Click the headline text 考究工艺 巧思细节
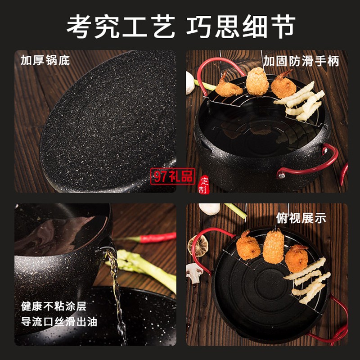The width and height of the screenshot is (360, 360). tap(181, 26)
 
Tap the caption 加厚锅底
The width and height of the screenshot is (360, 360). tap(45, 60)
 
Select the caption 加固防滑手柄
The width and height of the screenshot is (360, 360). tap(301, 61)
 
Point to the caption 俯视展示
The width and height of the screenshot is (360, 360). tap(301, 218)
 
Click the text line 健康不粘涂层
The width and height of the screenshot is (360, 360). tap(54, 306)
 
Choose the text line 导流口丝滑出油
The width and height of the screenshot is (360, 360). tap(59, 321)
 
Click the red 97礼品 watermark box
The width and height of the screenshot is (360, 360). tap(173, 176)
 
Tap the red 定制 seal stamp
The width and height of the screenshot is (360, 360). tap(204, 185)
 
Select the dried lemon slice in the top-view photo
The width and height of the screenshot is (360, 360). tap(198, 246)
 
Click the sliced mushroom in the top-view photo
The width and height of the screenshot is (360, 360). tap(194, 273)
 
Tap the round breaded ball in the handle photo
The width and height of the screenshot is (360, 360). tap(257, 81)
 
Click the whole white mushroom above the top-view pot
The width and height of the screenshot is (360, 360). tap(209, 209)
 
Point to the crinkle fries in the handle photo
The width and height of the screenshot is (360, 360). tap(300, 101)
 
